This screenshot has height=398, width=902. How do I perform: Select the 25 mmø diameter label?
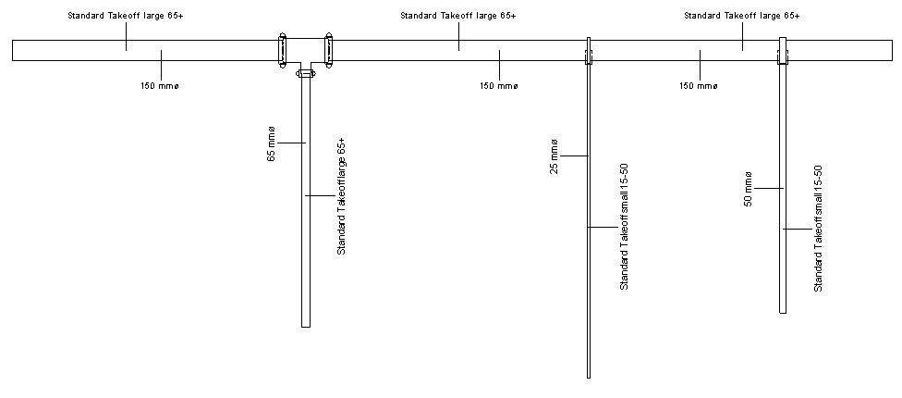(x=555, y=155)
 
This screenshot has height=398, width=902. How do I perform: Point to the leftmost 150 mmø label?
(x=161, y=86)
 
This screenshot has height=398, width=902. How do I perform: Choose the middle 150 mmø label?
(x=499, y=86)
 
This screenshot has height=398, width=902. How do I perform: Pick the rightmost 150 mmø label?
(x=699, y=86)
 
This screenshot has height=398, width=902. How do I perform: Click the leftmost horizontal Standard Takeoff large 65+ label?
(x=126, y=16)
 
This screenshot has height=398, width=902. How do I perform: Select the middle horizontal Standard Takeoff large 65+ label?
(x=458, y=16)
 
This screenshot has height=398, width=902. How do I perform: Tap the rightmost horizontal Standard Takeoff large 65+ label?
(x=742, y=16)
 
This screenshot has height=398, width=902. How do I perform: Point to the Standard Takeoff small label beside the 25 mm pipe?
(x=624, y=227)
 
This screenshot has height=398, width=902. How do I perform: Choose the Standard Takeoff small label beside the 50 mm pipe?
(x=818, y=228)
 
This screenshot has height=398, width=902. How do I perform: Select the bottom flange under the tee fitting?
(x=305, y=73)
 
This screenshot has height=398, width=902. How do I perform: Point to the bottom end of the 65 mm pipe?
(x=306, y=325)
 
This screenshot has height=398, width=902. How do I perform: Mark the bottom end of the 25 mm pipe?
(x=589, y=376)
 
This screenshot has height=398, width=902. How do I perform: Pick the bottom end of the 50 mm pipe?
(x=783, y=311)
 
